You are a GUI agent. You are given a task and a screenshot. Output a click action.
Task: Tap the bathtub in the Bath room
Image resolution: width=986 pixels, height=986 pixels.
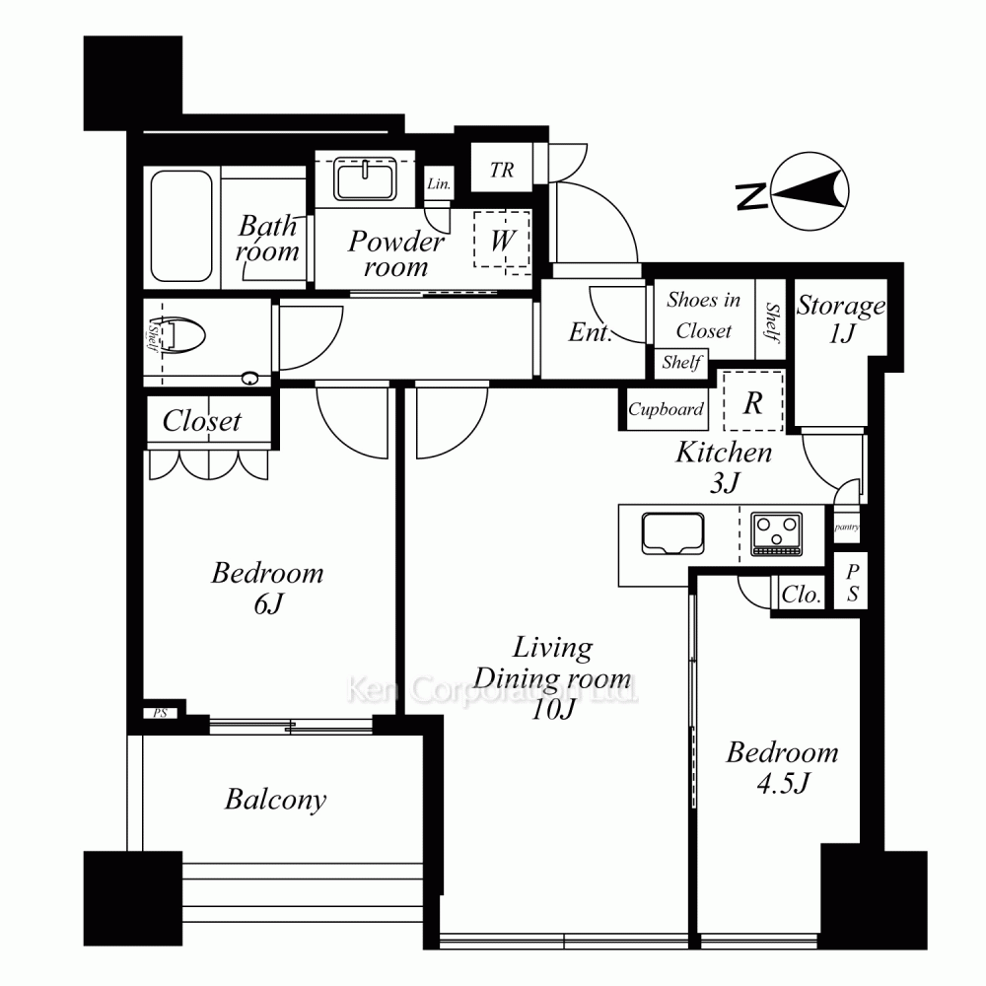click(181, 227)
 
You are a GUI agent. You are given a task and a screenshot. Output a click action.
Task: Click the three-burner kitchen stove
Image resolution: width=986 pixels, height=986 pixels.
click(777, 534)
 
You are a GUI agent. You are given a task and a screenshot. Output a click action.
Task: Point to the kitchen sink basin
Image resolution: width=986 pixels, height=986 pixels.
click(672, 533)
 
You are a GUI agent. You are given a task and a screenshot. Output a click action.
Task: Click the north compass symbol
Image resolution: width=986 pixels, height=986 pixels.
click(793, 191)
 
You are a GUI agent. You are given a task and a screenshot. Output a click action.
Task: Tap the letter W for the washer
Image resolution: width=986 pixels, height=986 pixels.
click(503, 240)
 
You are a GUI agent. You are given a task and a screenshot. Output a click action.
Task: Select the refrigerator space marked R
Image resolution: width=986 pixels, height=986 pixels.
click(752, 402)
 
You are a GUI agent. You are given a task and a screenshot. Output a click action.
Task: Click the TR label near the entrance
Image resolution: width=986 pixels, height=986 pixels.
click(502, 170)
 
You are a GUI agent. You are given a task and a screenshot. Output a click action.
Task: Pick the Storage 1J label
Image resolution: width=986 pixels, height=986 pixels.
click(841, 318)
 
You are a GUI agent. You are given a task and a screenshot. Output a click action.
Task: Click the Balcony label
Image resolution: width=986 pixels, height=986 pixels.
click(275, 800)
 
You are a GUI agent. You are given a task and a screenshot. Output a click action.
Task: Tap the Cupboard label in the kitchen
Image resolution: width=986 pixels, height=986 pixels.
click(666, 409)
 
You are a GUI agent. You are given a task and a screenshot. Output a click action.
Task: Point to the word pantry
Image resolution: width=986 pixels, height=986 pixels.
click(846, 527)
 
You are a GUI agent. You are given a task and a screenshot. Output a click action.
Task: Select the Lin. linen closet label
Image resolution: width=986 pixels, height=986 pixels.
click(439, 183)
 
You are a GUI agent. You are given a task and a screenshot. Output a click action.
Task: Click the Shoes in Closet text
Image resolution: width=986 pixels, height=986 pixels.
click(704, 316)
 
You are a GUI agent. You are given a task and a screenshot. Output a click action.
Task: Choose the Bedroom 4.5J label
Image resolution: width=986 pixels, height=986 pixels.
click(782, 768)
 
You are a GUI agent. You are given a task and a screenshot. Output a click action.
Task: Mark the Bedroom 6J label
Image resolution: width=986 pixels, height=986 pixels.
click(267, 588)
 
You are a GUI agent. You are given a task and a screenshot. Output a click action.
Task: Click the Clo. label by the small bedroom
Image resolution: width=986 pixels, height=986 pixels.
click(801, 595)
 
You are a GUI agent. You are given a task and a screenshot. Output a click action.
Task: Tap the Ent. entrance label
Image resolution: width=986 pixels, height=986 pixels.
click(590, 332)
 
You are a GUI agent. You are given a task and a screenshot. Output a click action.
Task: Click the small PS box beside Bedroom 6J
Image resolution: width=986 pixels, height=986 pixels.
click(160, 713)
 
